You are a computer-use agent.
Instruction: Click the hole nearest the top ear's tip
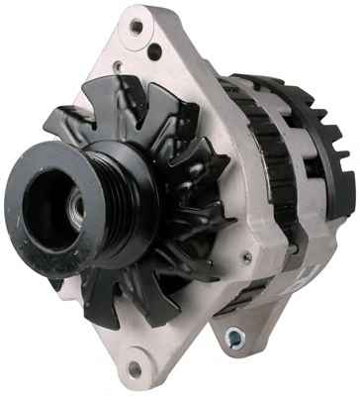click(135, 26)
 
